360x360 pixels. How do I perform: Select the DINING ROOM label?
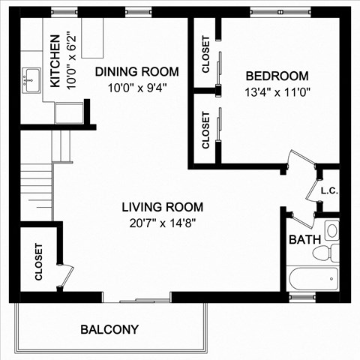[x=136, y=72]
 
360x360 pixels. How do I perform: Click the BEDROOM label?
[x=277, y=76]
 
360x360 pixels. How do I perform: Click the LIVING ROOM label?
[x=163, y=207]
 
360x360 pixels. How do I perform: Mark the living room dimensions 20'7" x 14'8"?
[x=163, y=222]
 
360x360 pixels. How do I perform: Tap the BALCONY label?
[x=109, y=329]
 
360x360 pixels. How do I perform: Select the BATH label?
[x=304, y=240]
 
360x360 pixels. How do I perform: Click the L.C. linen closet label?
[x=329, y=190]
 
